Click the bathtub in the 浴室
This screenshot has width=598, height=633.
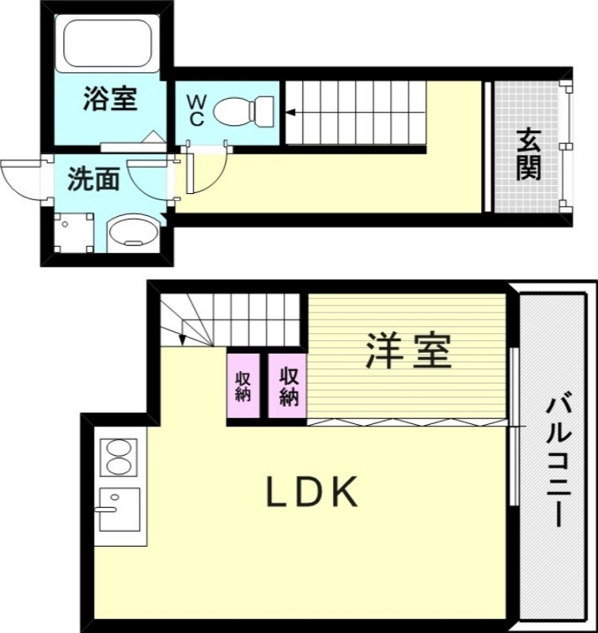point(107,43)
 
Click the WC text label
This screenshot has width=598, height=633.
point(196,111)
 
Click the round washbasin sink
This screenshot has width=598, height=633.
point(132,233)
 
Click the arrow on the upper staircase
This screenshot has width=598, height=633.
point(293,112)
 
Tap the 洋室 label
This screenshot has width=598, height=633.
point(408,351)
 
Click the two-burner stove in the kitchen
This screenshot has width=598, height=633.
point(118,457)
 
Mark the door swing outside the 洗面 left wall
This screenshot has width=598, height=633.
point(22,179)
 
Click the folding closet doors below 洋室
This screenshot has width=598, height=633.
point(406,422)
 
